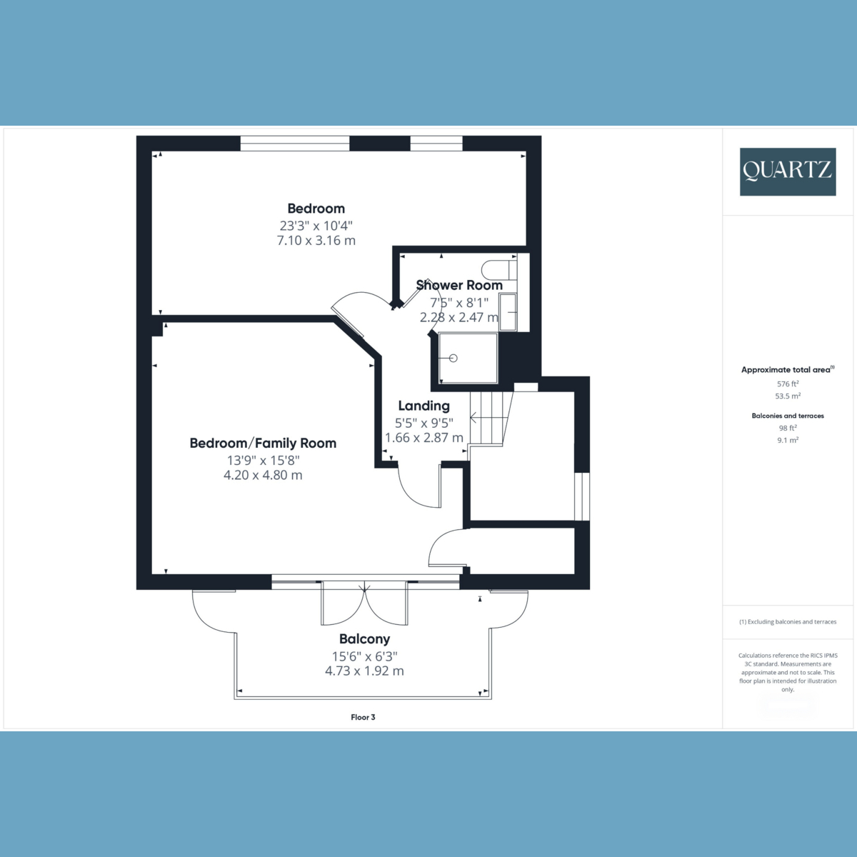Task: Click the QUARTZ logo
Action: pos(787,171)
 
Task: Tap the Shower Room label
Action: pos(459,285)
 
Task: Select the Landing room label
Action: pos(424,406)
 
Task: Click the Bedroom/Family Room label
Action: pos(263,443)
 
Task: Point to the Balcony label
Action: pos(364,639)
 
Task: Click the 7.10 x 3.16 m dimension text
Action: pos(316,241)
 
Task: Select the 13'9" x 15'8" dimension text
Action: pos(263,460)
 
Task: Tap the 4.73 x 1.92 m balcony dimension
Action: pos(364,671)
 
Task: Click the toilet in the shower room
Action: pos(498,270)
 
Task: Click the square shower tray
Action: pos(468,359)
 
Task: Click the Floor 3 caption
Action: pos(363,717)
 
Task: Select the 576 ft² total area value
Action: pos(788,384)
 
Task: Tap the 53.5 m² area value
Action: pos(788,396)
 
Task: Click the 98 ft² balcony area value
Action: pos(788,428)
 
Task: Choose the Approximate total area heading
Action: pos(786,370)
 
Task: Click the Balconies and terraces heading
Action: pos(788,416)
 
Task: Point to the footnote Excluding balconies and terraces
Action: pos(788,622)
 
